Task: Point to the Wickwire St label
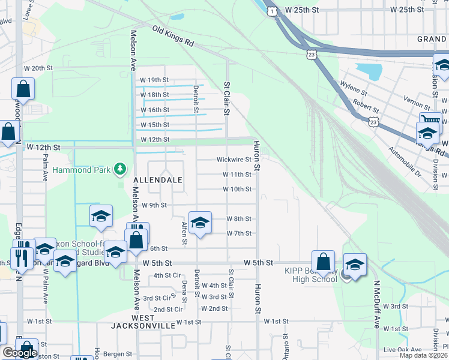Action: pyautogui.click(x=234, y=160)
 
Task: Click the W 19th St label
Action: pyautogui.click(x=154, y=80)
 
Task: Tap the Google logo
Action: pyautogui.click(x=20, y=353)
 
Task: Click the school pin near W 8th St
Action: pyautogui.click(x=200, y=223)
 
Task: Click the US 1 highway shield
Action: pyautogui.click(x=273, y=11)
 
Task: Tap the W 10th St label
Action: pyautogui.click(x=237, y=189)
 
